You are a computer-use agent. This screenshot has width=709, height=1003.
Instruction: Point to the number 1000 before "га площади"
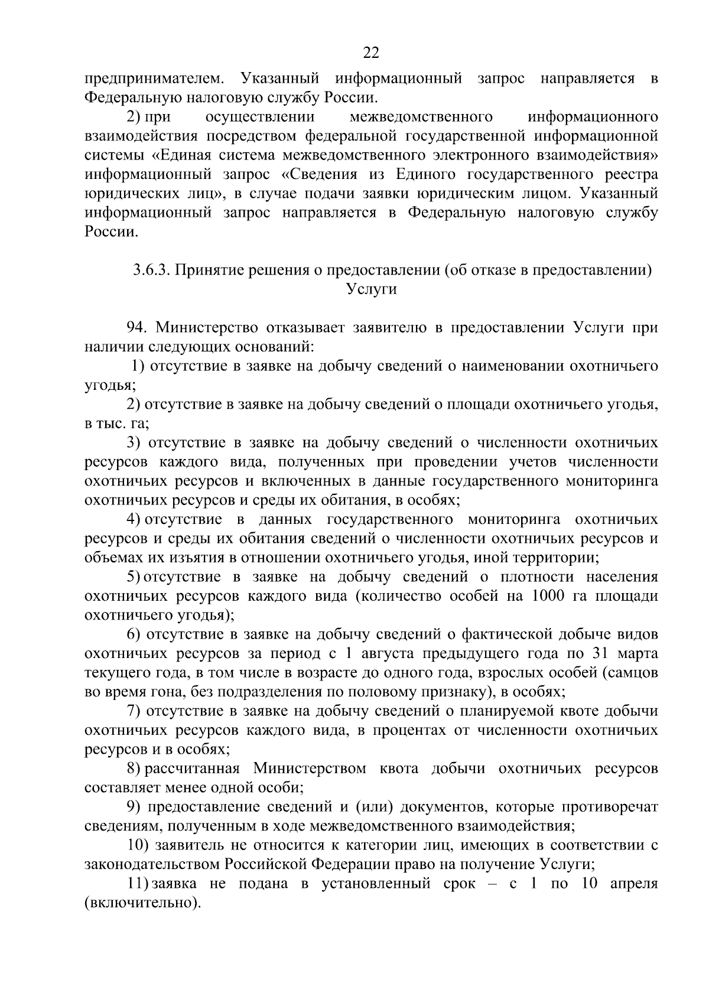551,595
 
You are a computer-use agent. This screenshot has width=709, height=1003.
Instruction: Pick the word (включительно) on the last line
142,903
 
